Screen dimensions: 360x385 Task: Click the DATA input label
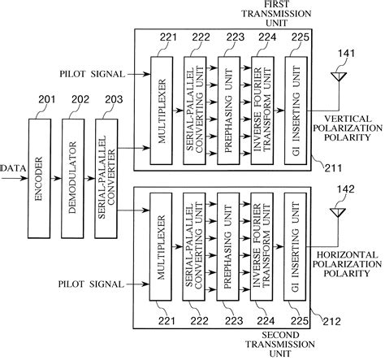(x=12, y=169)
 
